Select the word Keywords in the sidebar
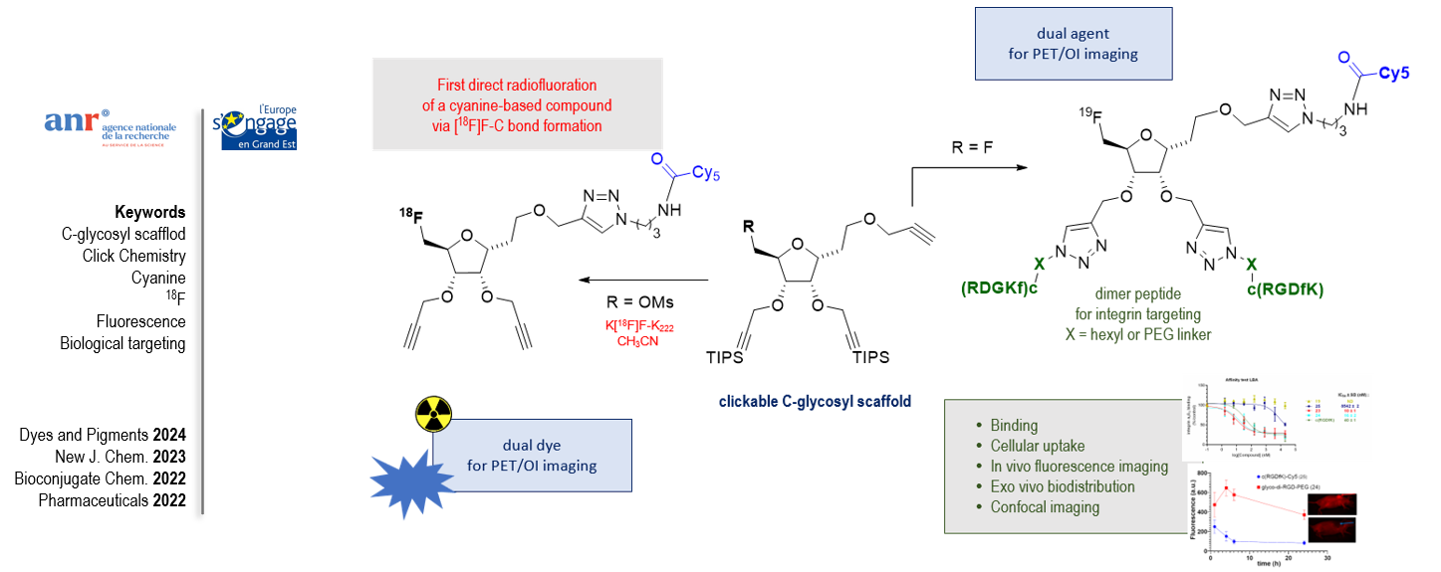(x=149, y=212)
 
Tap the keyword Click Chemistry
(x=133, y=256)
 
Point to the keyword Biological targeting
(x=122, y=344)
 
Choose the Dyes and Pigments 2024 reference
(x=102, y=435)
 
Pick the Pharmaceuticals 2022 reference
(x=112, y=500)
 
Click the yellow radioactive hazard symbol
(x=433, y=409)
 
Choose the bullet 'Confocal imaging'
(x=1045, y=507)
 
